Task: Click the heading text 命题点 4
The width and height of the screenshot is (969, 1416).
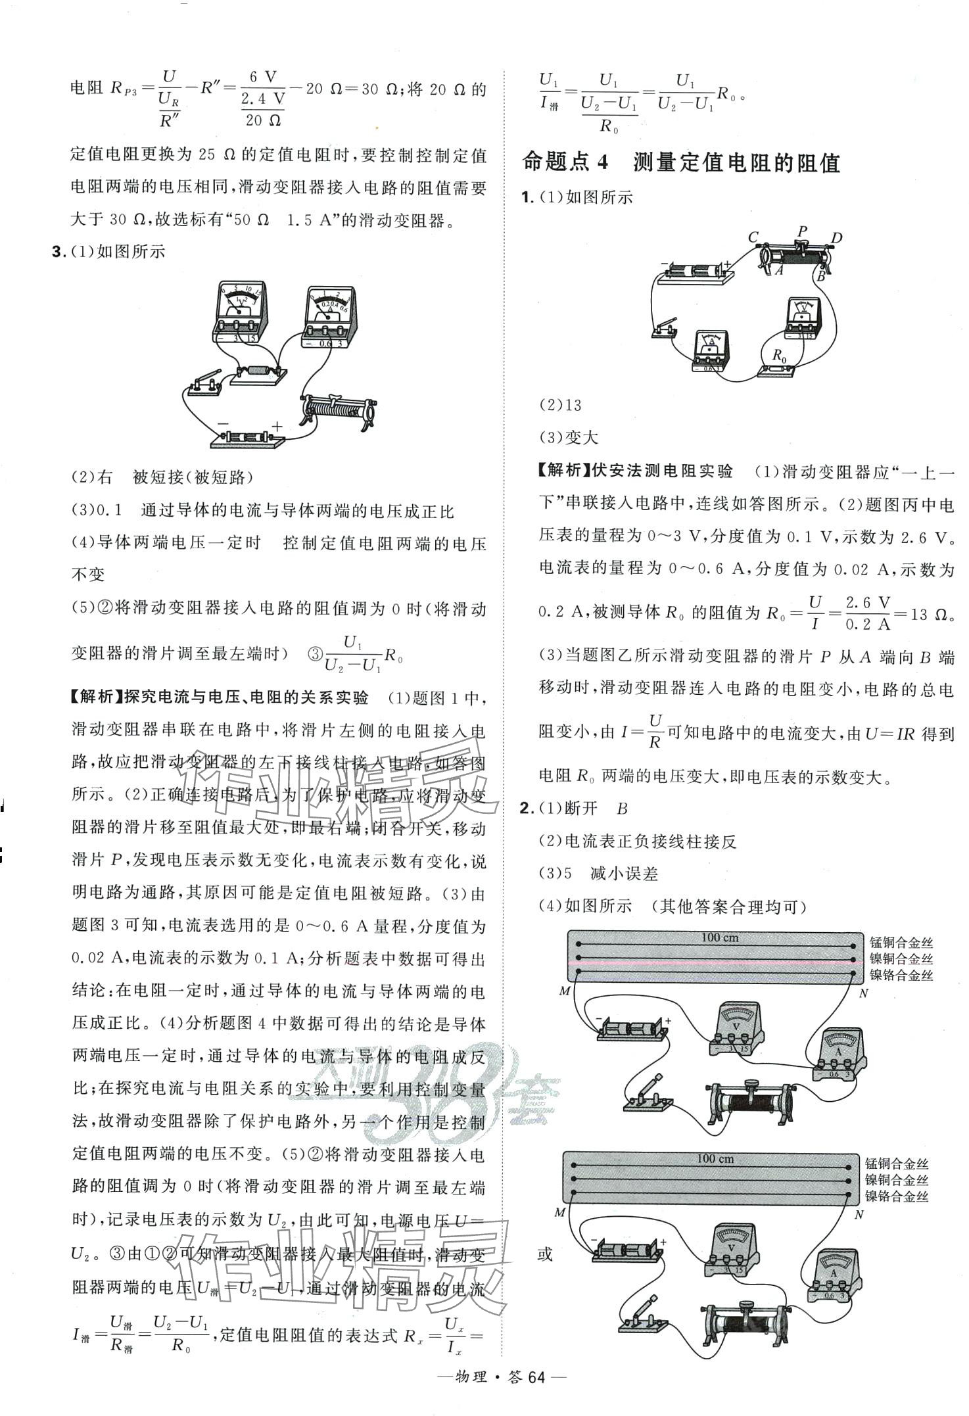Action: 566,162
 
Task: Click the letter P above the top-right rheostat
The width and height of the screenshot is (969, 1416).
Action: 801,231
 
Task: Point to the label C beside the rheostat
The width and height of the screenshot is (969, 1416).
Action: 753,237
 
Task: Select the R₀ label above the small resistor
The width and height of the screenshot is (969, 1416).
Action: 779,356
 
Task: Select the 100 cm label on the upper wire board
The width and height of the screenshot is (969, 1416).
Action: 719,938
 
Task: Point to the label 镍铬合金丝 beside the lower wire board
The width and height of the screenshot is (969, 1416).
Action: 896,1197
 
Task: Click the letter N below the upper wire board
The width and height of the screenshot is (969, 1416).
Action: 864,993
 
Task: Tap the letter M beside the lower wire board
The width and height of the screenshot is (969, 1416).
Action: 560,1213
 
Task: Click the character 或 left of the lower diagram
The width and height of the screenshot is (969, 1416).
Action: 545,1254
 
